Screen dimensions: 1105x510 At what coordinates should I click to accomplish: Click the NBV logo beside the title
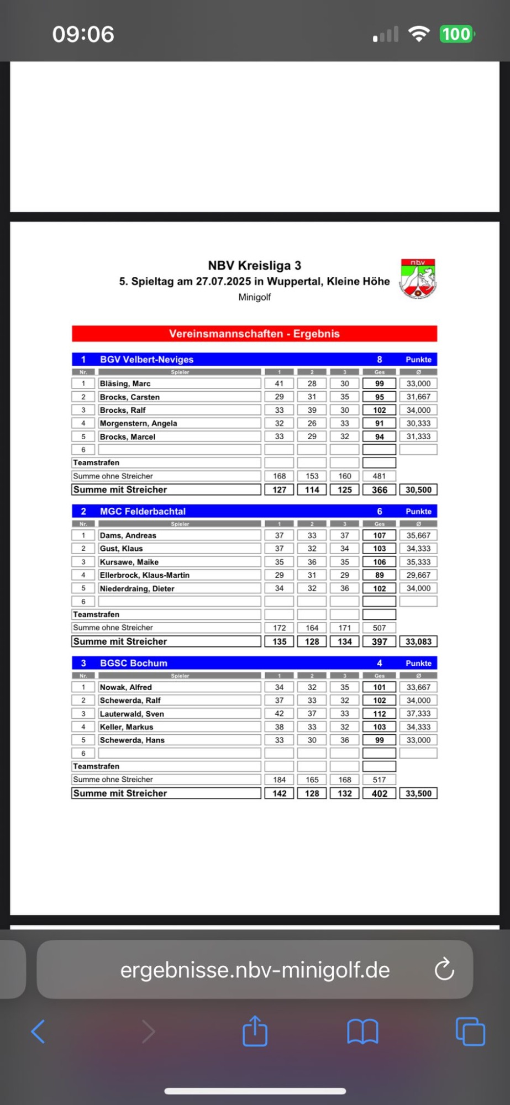coord(418,278)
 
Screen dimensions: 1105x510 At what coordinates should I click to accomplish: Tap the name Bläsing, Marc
coord(125,383)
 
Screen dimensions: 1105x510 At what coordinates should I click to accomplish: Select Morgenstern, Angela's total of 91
coord(379,423)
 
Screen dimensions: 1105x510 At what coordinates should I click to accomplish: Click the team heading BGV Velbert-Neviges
coord(146,359)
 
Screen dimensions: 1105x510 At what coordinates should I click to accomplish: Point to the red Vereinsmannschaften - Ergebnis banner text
coord(254,334)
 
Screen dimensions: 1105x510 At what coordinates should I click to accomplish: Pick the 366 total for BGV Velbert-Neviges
coord(379,490)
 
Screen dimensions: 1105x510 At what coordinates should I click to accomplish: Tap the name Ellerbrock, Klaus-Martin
coord(144,575)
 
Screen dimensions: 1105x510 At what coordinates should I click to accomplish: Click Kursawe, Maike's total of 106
coord(379,562)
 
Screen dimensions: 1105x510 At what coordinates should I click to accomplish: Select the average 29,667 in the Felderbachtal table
coord(418,575)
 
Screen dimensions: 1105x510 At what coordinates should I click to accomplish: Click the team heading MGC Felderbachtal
coord(143,511)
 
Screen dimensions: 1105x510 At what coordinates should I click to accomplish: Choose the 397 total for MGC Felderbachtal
coord(379,641)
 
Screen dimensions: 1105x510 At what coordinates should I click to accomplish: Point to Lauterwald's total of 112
coord(379,714)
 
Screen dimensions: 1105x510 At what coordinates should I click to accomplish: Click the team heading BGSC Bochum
coord(133,663)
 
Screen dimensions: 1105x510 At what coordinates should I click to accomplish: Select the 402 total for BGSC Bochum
coord(379,793)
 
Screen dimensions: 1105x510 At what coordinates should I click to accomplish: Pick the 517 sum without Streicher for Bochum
coord(379,780)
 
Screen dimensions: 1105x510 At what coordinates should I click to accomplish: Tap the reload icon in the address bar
coord(444,970)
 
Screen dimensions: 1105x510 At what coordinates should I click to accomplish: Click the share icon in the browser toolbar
coord(255,1032)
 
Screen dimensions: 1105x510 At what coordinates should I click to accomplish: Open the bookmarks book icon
coord(362,1032)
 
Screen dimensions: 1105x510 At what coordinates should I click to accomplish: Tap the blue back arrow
coord(38,1032)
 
